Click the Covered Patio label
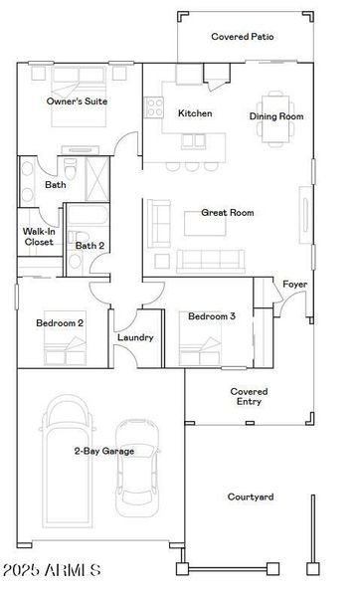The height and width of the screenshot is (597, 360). [x=243, y=37]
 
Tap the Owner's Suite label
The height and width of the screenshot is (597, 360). [x=77, y=101]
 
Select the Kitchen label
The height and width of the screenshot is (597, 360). [x=195, y=113]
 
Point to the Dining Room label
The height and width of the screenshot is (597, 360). [x=275, y=116]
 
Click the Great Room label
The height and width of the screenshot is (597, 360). [x=227, y=212]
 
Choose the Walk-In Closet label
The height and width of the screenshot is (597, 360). [x=39, y=236]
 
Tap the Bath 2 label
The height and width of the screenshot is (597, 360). [x=89, y=246]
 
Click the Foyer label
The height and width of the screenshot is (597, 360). [x=294, y=285]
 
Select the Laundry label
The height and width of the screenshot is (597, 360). [x=135, y=337]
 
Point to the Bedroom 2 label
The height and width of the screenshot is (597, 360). [x=60, y=323]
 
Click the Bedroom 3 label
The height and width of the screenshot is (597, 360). [x=212, y=316]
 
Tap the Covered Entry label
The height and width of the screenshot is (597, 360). [x=249, y=397]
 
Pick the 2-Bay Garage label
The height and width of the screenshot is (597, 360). [x=103, y=451]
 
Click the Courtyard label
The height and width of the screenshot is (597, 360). [x=251, y=497]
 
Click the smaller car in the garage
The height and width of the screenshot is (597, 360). [x=137, y=466]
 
